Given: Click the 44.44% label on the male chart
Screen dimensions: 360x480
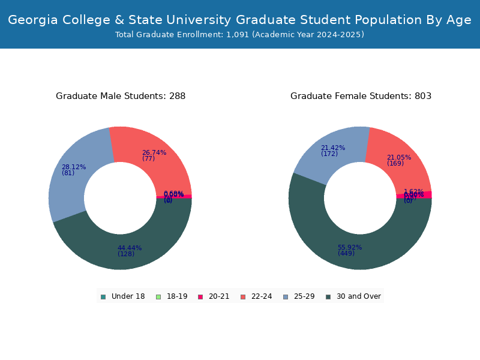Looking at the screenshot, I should [x=130, y=248].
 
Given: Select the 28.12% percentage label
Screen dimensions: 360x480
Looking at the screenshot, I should [x=74, y=167].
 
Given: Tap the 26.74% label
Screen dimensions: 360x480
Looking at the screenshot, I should [x=154, y=152].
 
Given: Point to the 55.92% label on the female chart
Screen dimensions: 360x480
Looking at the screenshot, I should [x=350, y=247].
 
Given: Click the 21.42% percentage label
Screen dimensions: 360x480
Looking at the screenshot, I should [x=333, y=148].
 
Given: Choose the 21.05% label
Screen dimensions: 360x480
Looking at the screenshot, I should [x=399, y=157].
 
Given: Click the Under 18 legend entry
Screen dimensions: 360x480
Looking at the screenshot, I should [x=123, y=296].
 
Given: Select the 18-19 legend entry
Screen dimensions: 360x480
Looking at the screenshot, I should [x=172, y=296].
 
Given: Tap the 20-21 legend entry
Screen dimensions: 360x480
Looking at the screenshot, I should [x=214, y=296].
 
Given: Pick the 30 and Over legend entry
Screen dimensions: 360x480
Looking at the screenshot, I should [x=353, y=296].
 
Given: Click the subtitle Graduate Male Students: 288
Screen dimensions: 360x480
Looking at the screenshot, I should [x=121, y=96].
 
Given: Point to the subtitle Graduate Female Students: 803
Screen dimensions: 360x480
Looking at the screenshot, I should [x=361, y=96].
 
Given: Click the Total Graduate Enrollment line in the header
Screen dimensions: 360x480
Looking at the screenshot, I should [x=240, y=35].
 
